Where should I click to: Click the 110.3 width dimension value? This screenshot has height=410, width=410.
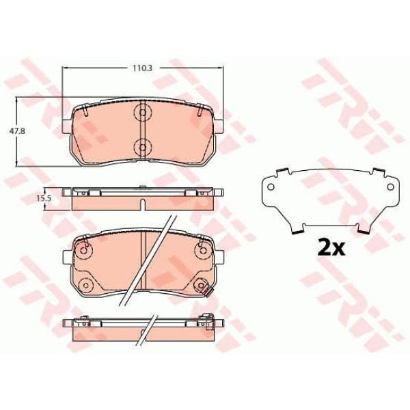pos(143,68)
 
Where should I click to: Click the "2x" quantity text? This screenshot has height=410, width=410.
pos(331,247)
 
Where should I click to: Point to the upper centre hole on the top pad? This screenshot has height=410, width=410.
pos(143,113)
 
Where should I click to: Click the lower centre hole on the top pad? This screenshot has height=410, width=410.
pos(143,148)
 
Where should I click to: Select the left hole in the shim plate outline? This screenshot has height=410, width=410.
pos(271,187)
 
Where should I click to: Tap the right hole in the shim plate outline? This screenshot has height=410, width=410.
pos(390,187)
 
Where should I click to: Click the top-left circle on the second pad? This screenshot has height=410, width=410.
pos(83,250)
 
